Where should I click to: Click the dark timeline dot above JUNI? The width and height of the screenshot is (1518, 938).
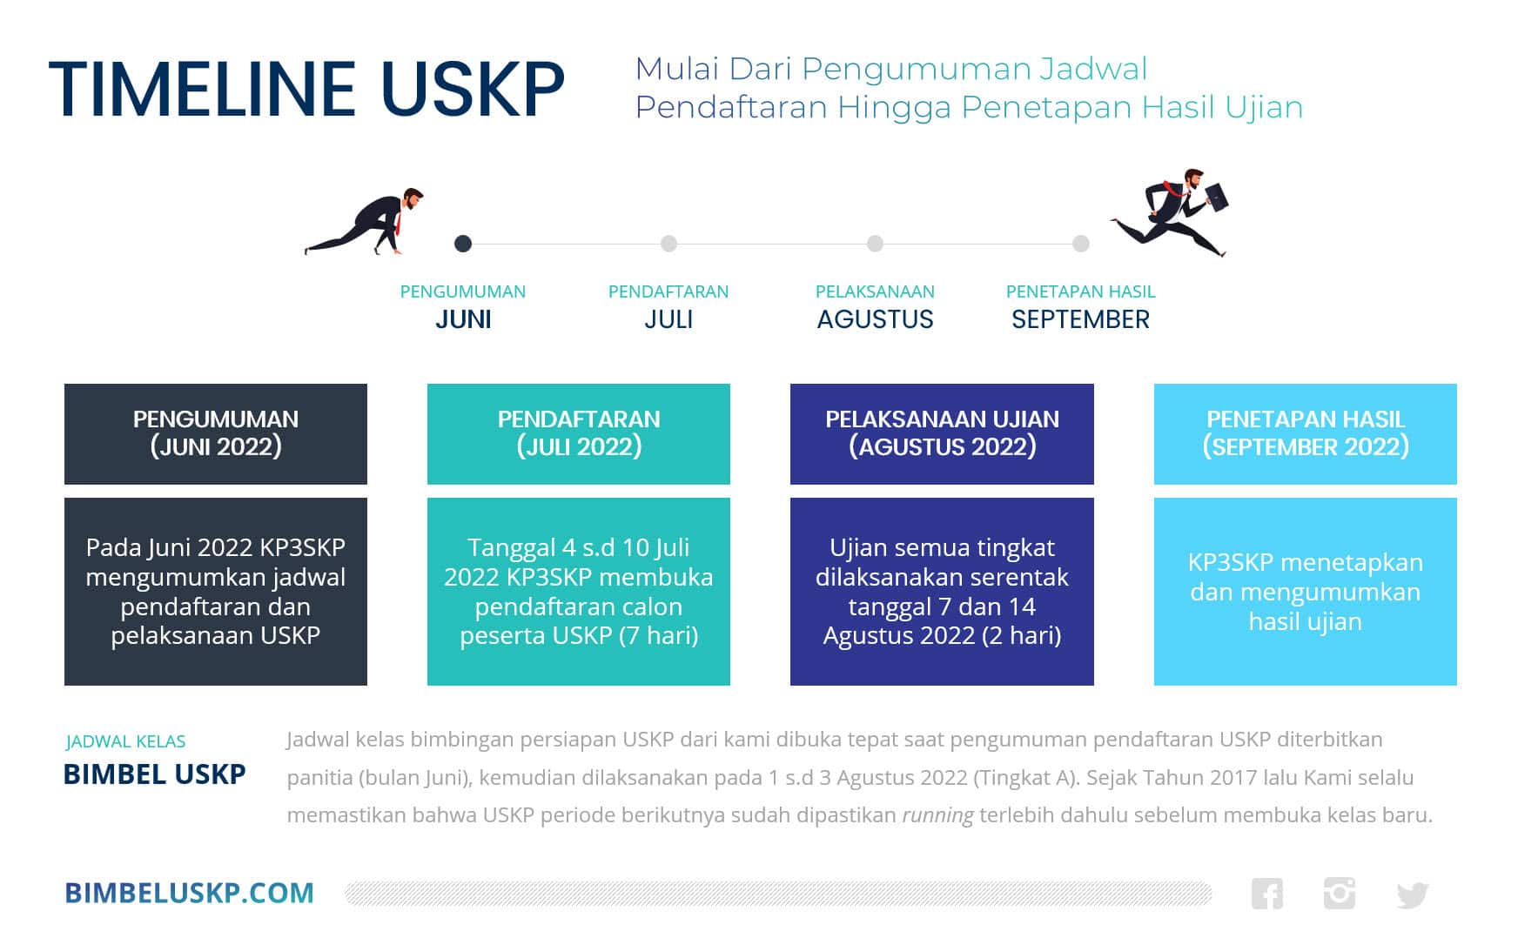[x=463, y=244]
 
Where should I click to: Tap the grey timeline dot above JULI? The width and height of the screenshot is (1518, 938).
[x=668, y=244]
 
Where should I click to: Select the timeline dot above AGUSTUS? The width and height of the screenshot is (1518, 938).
[x=875, y=244]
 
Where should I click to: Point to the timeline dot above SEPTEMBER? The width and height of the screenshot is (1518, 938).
[x=1080, y=244]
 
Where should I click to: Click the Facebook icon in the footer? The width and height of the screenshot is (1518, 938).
[x=1266, y=894]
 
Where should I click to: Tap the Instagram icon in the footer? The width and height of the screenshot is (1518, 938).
[x=1339, y=894]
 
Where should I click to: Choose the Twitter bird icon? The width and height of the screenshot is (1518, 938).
[x=1412, y=894]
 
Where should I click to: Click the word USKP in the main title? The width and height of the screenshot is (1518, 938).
[x=473, y=89]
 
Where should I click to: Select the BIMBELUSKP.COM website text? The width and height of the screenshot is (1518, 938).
[x=189, y=893]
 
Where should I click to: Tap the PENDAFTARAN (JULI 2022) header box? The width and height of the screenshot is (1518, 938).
[x=578, y=433]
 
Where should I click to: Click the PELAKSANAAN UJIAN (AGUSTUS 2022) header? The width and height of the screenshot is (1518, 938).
[x=942, y=433]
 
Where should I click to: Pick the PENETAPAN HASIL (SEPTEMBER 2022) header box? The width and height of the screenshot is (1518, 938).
[x=1305, y=433]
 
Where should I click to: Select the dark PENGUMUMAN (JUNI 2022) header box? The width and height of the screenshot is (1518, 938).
[x=215, y=433]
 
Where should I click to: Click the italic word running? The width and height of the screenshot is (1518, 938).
[x=937, y=815]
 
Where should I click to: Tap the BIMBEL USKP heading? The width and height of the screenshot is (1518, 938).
[x=154, y=774]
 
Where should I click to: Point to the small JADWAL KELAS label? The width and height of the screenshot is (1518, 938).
[x=125, y=741]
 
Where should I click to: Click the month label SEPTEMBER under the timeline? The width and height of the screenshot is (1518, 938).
[x=1080, y=319]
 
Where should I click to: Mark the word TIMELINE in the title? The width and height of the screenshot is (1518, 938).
[x=202, y=89]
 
